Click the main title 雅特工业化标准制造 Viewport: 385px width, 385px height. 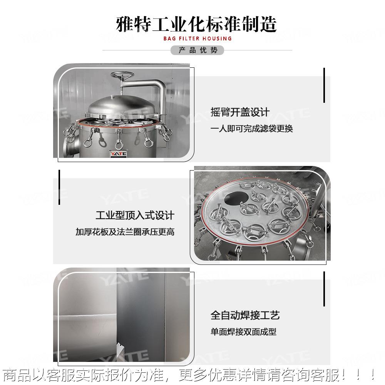point(197,24)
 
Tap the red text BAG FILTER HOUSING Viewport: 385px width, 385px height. point(197,38)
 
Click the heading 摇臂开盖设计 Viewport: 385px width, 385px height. point(240,112)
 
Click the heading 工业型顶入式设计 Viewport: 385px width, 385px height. point(135,215)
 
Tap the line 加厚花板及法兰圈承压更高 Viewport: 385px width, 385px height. point(125,232)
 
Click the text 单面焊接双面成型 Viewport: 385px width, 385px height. point(243,332)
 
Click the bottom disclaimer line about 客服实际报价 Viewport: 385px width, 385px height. point(189,374)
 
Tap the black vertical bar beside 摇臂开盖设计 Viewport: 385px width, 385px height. point(324,85)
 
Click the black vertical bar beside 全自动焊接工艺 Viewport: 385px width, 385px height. point(324,289)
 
